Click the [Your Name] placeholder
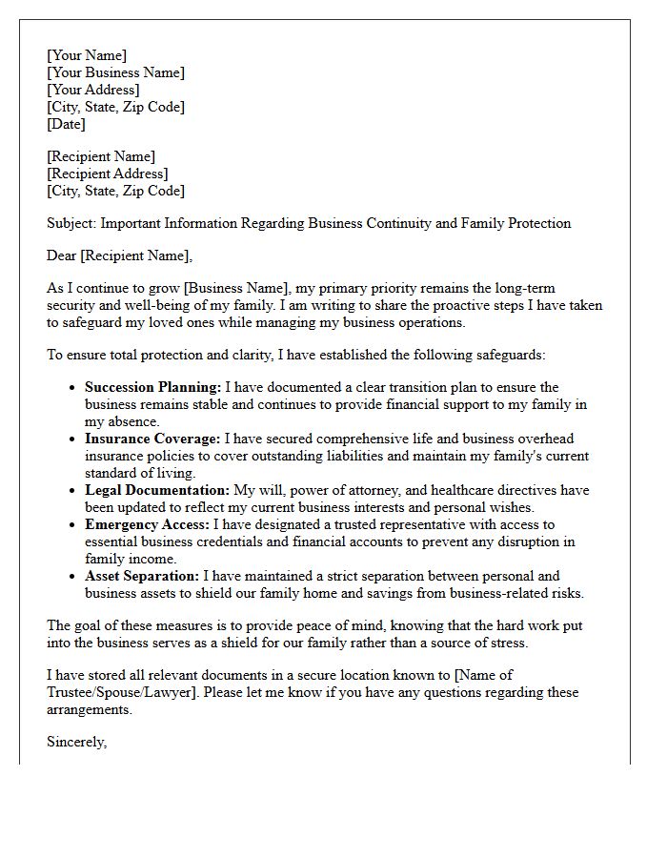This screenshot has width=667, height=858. (87, 55)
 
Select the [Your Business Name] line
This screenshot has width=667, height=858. (115, 72)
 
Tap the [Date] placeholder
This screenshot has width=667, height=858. (66, 124)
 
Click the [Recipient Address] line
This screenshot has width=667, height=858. (107, 174)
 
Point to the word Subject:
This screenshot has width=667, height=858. (71, 223)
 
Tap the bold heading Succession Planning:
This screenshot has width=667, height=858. (152, 387)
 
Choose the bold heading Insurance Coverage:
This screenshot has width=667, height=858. (152, 439)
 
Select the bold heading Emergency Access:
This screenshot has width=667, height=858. (147, 524)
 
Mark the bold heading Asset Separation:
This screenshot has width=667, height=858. (142, 576)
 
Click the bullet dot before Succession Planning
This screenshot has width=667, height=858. (73, 388)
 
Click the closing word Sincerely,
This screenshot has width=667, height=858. (76, 742)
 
